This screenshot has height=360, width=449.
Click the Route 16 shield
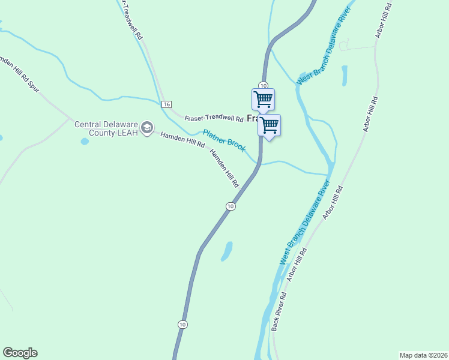pos(166,104)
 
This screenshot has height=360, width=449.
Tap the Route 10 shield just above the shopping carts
pos(263,85)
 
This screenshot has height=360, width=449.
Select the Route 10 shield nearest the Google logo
pos(182,324)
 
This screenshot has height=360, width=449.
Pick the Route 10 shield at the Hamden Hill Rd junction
pos(230,206)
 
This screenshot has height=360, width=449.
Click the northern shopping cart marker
pos(263,99)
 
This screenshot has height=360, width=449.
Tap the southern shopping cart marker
pos(270,125)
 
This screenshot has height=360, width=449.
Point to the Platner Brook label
pos(223,140)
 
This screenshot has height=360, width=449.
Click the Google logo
pos(20,353)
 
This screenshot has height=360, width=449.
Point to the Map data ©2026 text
pos(423,355)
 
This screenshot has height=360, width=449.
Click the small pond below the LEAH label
pos(85,142)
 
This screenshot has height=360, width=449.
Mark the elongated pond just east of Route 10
pos(227,251)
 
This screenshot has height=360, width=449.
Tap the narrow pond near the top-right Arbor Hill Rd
pos(345,76)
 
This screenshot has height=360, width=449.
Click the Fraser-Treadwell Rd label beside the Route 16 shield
pos(213,118)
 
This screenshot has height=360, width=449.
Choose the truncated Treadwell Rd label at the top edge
pos(131,20)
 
